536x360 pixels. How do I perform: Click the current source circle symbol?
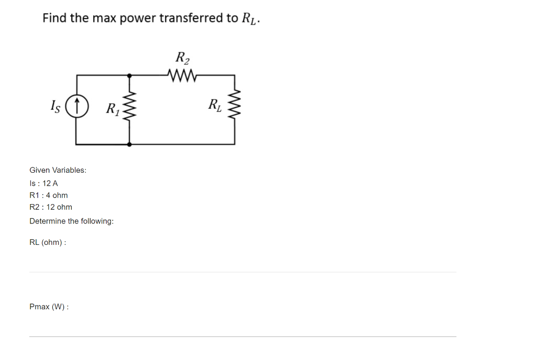coord(77,108)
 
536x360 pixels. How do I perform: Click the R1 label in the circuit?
coord(113,109)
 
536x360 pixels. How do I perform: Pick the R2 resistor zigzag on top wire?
coord(181,75)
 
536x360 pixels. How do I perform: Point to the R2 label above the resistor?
coord(182,57)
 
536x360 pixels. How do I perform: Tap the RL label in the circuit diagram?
coord(215,105)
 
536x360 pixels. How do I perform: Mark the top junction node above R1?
coord(129,75)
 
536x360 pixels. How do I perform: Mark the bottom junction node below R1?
coord(129,144)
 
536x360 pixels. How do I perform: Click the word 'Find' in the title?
coord(54,18)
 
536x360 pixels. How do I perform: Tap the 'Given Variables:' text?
coord(58,170)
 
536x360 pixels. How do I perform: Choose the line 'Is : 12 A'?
coord(44,183)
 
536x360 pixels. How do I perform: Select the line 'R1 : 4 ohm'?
coord(49,195)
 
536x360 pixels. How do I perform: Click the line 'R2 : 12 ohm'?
coord(51,207)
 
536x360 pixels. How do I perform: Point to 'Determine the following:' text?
coord(72,221)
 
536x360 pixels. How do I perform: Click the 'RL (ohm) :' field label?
coord(48,243)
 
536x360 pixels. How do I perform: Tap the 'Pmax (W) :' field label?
coord(49,307)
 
